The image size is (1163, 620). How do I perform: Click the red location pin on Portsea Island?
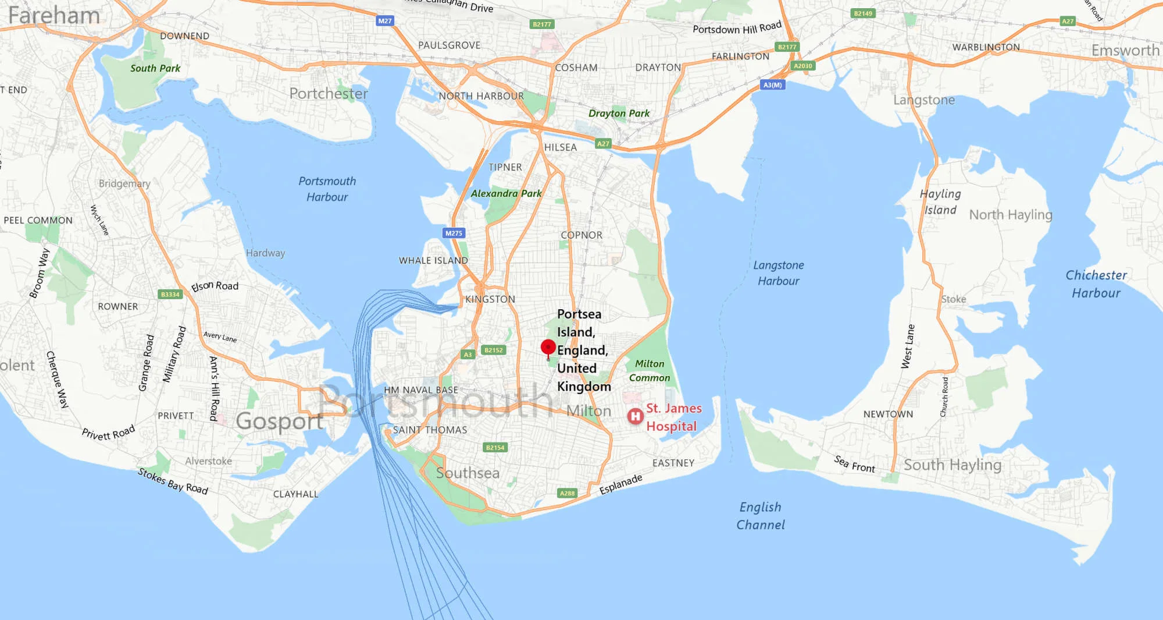(x=548, y=348)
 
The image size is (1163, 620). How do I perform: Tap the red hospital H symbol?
(x=635, y=416)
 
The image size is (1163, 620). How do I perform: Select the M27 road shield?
(x=385, y=21)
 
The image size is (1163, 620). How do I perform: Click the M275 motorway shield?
(x=454, y=233)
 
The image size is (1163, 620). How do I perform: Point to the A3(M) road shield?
(x=772, y=85)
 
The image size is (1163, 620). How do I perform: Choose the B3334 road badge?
(x=170, y=295)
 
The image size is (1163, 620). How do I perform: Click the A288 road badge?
(x=567, y=493)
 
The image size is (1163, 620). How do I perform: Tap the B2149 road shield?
(x=863, y=13)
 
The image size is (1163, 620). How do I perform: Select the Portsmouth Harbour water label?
(x=327, y=189)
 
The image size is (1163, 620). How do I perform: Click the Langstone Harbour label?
(x=779, y=273)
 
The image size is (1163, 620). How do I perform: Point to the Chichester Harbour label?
(x=1096, y=284)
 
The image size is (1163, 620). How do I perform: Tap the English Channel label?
(x=761, y=516)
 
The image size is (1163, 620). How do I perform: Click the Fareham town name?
(x=54, y=16)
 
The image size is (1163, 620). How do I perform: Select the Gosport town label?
(x=279, y=421)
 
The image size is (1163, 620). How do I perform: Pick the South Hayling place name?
(x=952, y=465)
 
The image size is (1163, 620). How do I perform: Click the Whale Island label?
(x=433, y=261)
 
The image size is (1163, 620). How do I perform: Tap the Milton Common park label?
(x=650, y=371)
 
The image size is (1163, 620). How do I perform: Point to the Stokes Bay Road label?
(x=173, y=481)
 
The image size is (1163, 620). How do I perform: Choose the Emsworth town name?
(x=1125, y=51)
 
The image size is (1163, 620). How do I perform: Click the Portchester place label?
(x=329, y=94)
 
